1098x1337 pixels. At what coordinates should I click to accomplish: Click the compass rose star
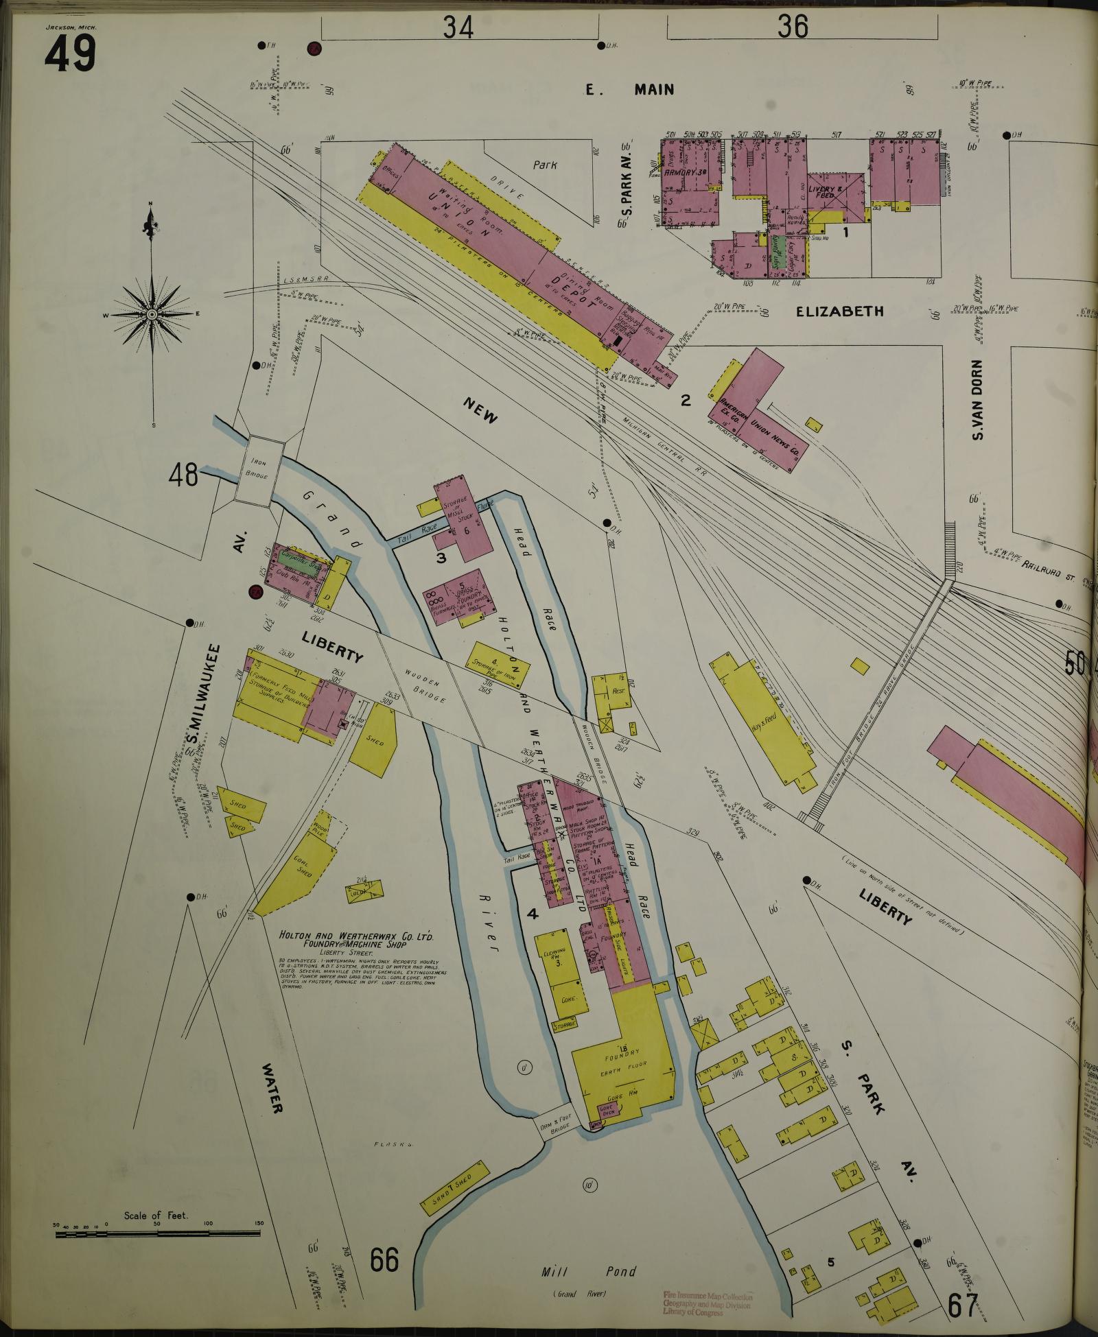(x=152, y=314)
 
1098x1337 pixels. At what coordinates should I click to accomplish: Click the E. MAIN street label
(x=629, y=89)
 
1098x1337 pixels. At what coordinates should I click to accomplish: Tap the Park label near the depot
(x=545, y=165)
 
